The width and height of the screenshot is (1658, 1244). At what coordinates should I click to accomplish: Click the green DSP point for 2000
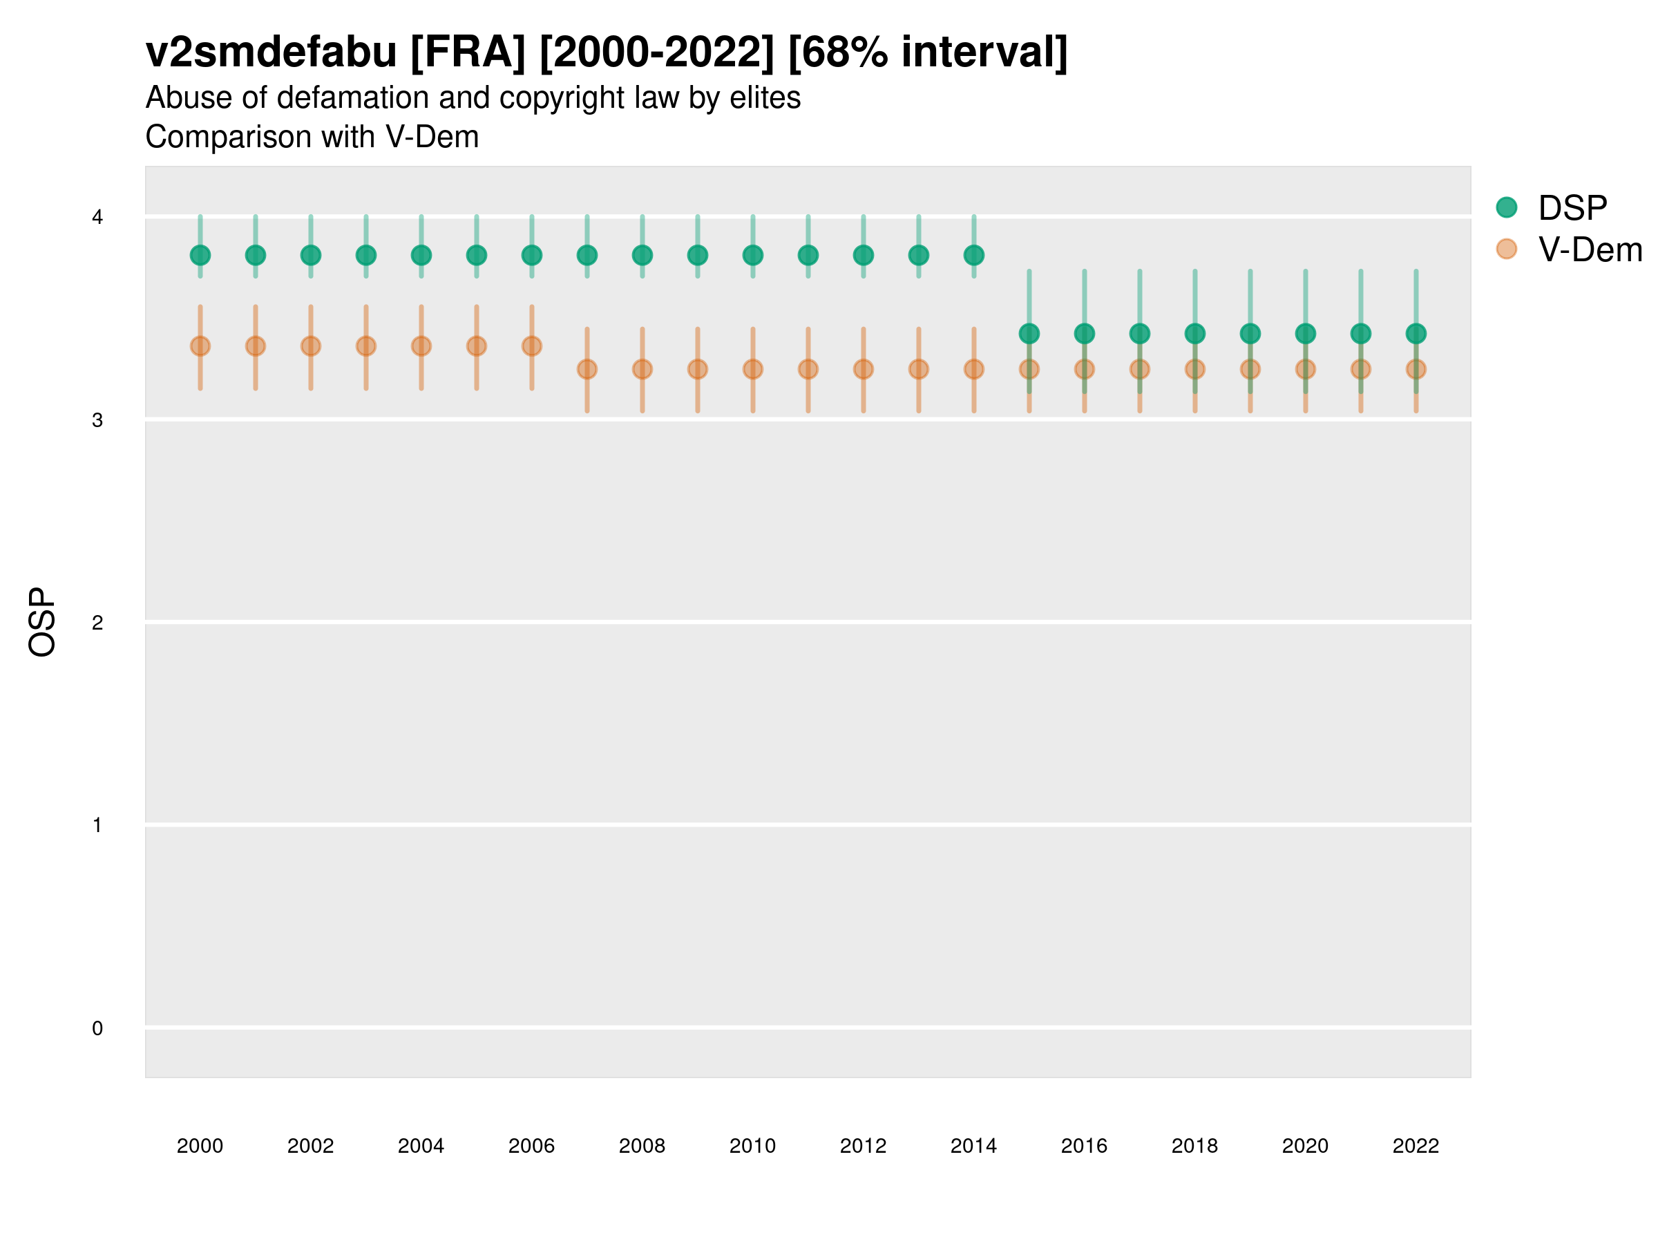200,256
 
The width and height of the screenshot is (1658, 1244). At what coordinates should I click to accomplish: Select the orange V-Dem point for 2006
531,346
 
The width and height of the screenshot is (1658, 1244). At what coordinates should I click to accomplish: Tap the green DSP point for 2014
973,256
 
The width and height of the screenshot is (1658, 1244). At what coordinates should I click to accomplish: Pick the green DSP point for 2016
1084,334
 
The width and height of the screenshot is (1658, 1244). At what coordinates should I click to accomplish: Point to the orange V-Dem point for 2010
752,369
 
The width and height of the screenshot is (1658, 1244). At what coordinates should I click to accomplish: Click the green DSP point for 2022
1416,334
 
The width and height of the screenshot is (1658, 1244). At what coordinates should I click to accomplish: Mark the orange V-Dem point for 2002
310,346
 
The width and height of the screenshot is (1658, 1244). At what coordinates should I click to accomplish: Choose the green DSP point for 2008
642,256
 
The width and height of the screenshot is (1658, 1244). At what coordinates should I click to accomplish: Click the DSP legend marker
1506,208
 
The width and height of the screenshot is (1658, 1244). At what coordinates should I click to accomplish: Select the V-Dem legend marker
1506,249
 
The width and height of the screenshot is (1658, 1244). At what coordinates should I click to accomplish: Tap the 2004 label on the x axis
421,1146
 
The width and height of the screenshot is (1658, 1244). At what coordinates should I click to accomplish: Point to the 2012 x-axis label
863,1146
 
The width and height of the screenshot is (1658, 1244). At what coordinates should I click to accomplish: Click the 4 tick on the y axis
97,218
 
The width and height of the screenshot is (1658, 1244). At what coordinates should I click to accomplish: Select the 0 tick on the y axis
97,1028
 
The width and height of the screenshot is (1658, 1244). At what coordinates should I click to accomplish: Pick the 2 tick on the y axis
97,623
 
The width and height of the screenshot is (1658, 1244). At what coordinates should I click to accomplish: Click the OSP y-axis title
42,623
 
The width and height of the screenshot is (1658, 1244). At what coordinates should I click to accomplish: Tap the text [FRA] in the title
468,53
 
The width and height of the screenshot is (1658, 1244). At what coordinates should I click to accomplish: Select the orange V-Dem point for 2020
1305,369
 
